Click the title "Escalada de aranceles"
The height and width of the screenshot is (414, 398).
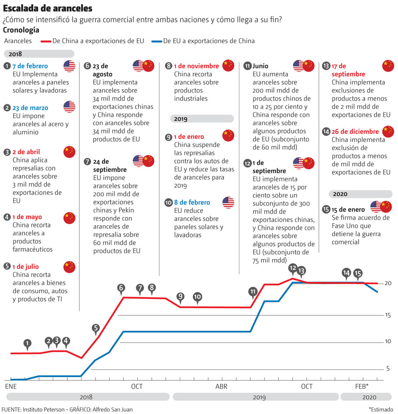[48, 8]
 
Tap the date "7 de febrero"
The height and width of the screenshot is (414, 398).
[30, 66]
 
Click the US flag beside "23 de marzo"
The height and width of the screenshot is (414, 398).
[69, 107]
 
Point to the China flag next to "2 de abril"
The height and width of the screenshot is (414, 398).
[69, 152]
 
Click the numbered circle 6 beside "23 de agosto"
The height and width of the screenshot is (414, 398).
[87, 66]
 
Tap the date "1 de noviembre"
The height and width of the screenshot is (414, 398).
[197, 66]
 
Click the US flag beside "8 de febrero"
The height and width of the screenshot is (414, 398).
[228, 202]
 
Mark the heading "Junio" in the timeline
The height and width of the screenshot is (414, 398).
[260, 66]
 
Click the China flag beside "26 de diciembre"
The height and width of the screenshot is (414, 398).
[388, 131]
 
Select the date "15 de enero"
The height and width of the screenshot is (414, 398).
[348, 209]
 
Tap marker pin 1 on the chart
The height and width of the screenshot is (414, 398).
[27, 343]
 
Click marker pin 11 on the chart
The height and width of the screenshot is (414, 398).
[253, 291]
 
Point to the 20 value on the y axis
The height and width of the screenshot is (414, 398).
[388, 283]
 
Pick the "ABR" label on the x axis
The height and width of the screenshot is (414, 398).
[221, 387]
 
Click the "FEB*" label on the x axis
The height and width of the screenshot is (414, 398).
[361, 387]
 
